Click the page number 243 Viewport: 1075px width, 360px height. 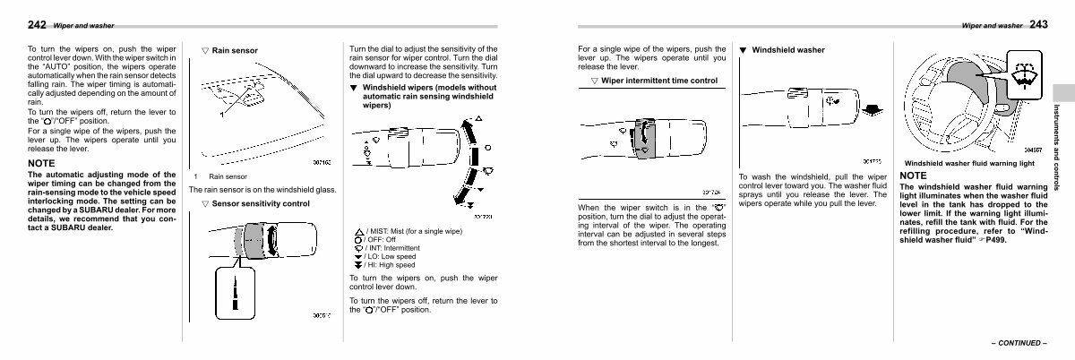pyautogui.click(x=1039, y=24)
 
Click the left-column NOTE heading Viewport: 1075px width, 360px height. pyautogui.click(x=42, y=164)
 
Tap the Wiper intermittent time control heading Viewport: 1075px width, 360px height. pyautogui.click(x=659, y=81)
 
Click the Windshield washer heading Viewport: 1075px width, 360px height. pyautogui.click(x=787, y=50)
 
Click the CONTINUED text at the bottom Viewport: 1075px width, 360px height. pyautogui.click(x=1019, y=343)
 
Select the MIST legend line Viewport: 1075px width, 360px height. pyautogui.click(x=413, y=231)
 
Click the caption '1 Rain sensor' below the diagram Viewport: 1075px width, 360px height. pyautogui.click(x=222, y=176)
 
